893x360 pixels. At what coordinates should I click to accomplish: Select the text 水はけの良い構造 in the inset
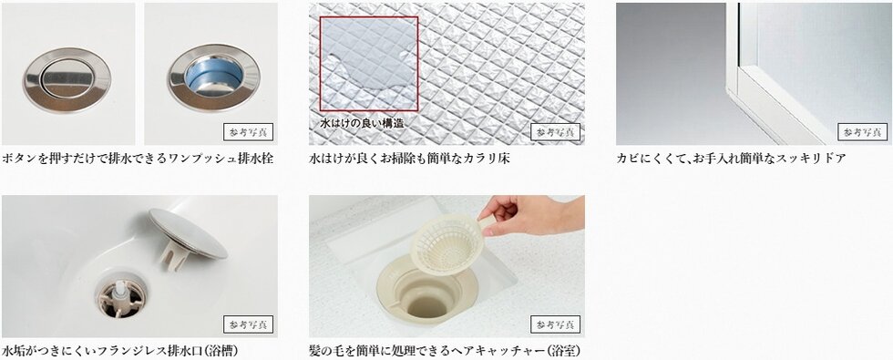point(361,121)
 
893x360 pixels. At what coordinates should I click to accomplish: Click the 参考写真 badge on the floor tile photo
point(555,132)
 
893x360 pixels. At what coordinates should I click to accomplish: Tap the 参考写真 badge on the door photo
point(862,132)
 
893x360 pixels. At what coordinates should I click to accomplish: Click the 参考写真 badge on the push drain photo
point(248,132)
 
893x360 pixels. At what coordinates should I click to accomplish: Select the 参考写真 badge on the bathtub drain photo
point(248,324)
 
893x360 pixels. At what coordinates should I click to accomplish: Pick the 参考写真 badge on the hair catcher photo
point(555,324)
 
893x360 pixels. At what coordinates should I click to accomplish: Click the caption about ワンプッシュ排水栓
point(138,159)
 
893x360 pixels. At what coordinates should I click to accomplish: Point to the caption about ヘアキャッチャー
point(445,351)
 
